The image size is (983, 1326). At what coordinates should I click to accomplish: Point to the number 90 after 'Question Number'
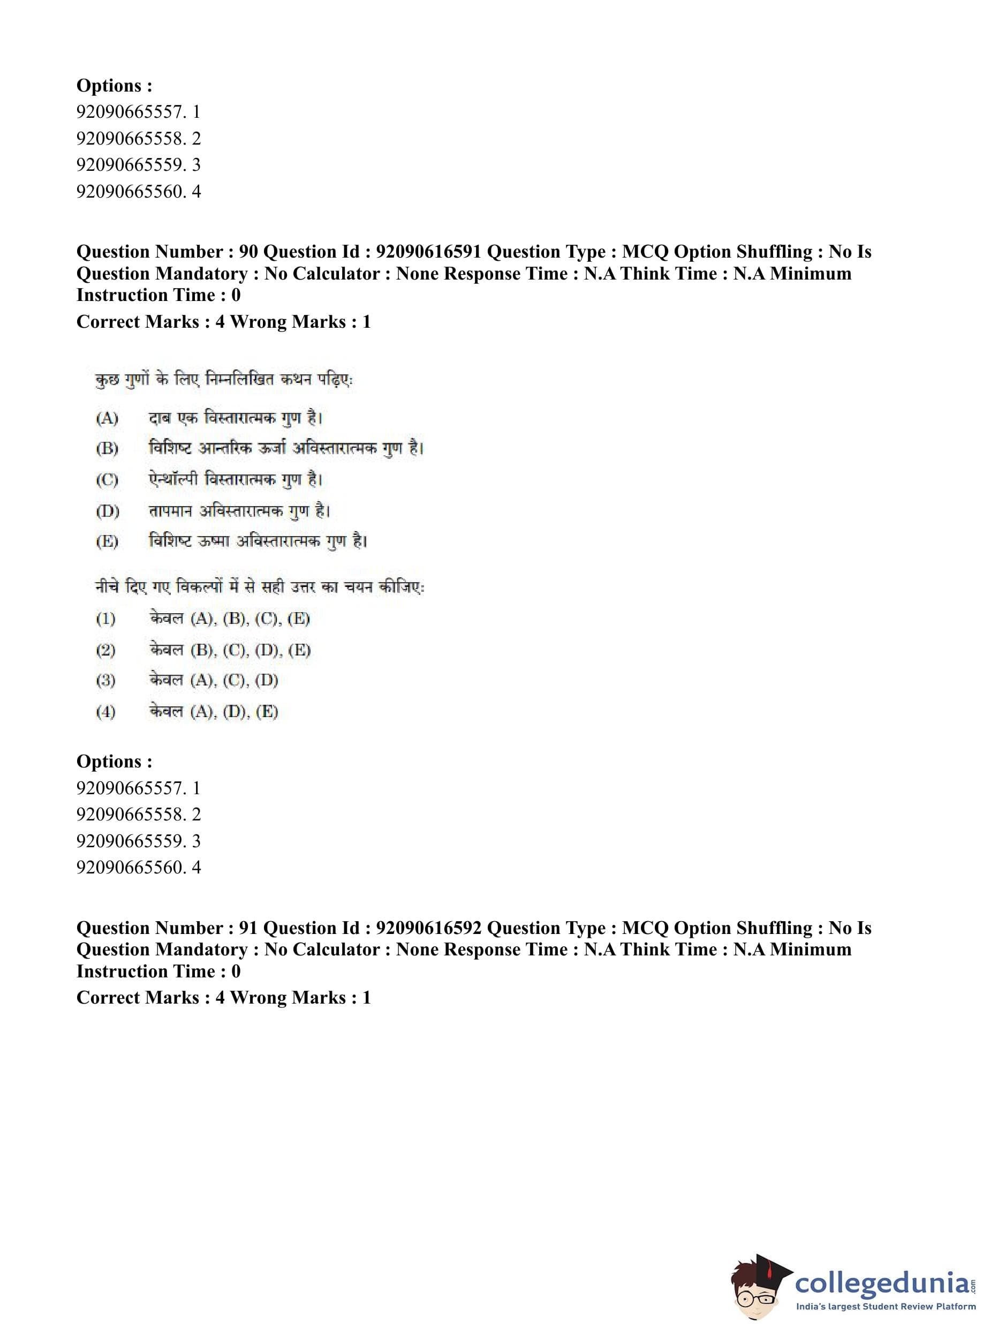click(248, 252)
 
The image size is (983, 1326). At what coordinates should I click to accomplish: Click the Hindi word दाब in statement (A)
click(160, 418)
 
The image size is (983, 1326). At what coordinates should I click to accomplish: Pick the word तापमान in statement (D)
click(170, 511)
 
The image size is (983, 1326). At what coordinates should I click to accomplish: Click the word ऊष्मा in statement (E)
click(214, 541)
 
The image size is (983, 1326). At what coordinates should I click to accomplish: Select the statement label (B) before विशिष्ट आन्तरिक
click(107, 448)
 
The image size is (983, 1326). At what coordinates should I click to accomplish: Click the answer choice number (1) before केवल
click(105, 619)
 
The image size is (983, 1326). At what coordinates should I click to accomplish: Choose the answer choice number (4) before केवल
click(105, 711)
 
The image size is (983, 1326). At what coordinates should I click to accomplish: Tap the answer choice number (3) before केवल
click(105, 680)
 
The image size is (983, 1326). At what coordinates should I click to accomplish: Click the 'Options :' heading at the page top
click(114, 86)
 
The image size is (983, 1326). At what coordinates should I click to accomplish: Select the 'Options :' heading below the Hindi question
click(114, 761)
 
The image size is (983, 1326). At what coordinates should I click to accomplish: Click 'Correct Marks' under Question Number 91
click(138, 998)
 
